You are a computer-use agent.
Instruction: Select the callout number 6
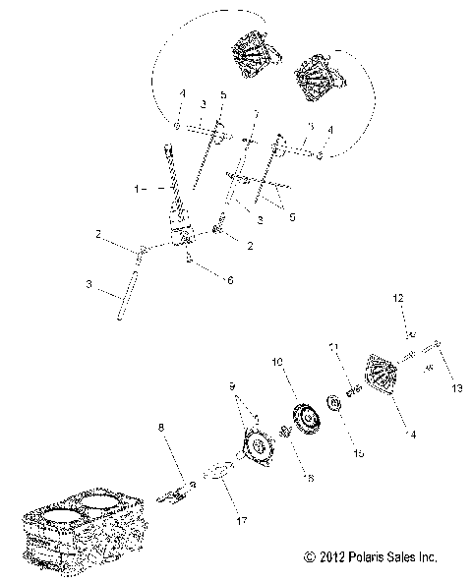(x=230, y=280)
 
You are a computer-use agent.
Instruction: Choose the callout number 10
(x=277, y=362)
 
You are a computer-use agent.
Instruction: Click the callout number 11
(x=332, y=348)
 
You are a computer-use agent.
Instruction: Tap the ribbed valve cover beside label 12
(x=380, y=376)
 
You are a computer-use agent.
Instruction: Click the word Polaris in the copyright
(x=363, y=556)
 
